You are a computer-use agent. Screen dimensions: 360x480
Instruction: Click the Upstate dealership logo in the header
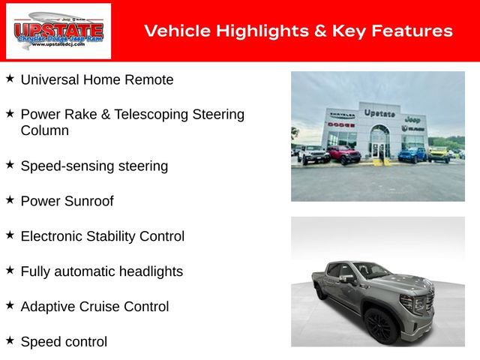click(58, 31)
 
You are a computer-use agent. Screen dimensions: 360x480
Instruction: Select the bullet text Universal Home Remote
click(97, 79)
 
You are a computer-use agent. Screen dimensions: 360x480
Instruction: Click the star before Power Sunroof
click(10, 200)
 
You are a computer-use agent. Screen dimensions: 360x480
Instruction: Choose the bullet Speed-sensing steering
click(94, 166)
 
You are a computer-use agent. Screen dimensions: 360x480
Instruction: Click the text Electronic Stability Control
click(102, 236)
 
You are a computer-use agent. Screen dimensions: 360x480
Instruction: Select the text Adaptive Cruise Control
click(94, 307)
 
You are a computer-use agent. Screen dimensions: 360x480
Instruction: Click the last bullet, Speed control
click(64, 342)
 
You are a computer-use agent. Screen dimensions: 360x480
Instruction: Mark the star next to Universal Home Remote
click(10, 79)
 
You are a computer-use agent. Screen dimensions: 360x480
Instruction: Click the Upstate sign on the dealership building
click(379, 112)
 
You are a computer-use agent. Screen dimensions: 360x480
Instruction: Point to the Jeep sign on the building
click(412, 119)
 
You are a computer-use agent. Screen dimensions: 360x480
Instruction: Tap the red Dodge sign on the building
click(340, 124)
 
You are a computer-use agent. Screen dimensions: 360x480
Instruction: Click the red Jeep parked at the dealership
click(343, 154)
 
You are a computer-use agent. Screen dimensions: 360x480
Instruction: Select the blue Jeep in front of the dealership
click(412, 154)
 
